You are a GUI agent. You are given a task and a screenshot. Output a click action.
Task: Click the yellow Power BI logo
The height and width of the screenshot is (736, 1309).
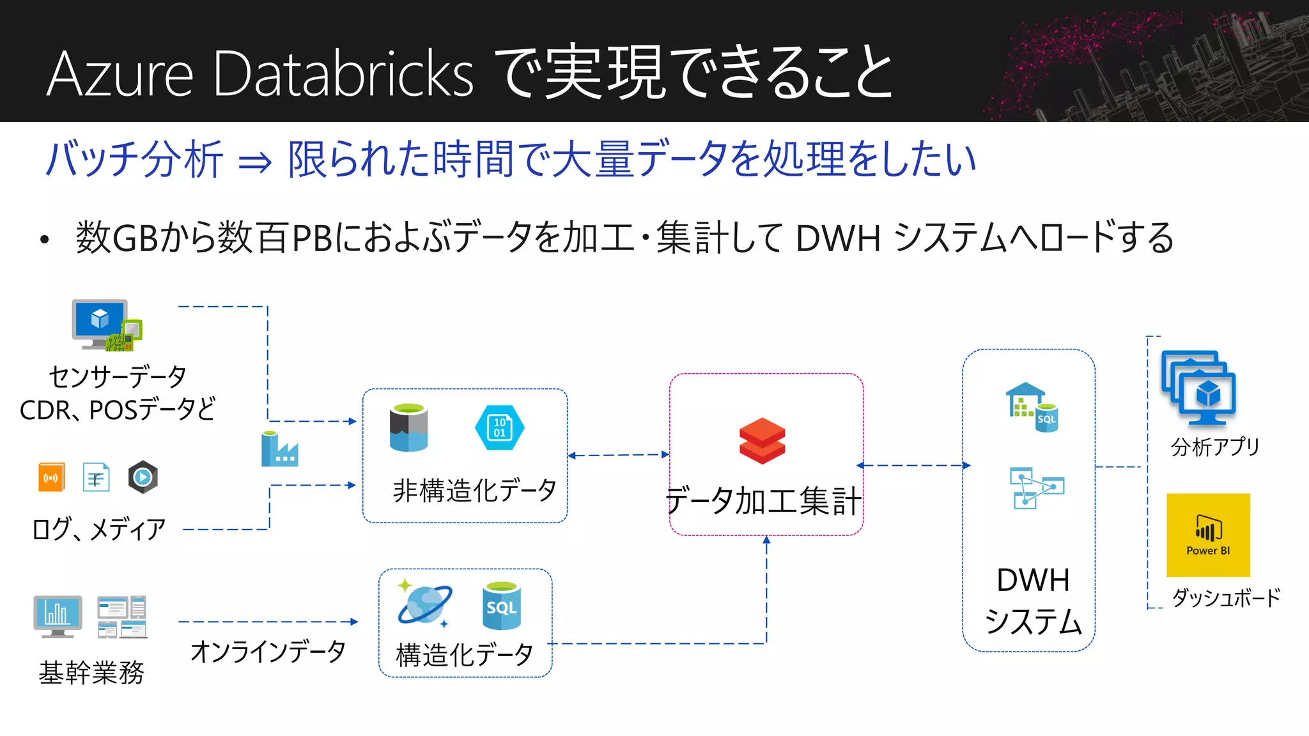click(x=1208, y=535)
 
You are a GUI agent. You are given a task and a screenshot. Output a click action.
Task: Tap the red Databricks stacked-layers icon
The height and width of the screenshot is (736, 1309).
click(x=762, y=441)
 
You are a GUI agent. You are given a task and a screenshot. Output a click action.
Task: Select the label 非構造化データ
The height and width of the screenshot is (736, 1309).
click(x=474, y=491)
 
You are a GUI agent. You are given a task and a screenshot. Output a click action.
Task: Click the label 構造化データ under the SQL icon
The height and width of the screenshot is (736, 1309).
click(x=465, y=655)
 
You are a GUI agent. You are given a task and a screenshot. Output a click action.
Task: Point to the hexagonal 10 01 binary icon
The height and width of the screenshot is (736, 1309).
click(x=500, y=427)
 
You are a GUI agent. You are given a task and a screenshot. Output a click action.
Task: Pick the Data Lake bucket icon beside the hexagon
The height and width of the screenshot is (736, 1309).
click(x=409, y=427)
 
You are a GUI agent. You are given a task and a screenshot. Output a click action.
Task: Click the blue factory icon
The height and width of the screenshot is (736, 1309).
click(x=279, y=450)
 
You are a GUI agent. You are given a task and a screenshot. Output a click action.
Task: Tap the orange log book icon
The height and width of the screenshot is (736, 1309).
click(x=51, y=477)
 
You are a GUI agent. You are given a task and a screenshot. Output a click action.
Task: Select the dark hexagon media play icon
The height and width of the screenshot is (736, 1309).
click(x=143, y=477)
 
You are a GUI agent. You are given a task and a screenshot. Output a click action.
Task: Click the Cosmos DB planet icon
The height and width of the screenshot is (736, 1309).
click(x=424, y=604)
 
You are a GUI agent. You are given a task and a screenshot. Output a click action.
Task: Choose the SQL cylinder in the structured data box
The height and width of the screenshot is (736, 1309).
click(x=501, y=606)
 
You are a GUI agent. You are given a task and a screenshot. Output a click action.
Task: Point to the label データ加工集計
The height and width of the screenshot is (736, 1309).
click(x=764, y=500)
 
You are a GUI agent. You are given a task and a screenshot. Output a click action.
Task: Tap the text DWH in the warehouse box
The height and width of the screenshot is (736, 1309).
click(x=1033, y=580)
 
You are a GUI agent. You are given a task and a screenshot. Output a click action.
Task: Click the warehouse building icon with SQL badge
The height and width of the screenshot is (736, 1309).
click(x=1032, y=408)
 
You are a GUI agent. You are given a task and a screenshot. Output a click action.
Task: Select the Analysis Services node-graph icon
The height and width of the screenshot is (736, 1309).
click(x=1036, y=488)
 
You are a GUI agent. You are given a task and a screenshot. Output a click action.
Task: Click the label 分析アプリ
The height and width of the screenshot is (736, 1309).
click(x=1215, y=447)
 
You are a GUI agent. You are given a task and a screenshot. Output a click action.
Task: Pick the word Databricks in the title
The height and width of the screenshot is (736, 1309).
click(x=343, y=74)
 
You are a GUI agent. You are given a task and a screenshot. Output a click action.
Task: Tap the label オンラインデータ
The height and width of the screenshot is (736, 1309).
click(x=268, y=651)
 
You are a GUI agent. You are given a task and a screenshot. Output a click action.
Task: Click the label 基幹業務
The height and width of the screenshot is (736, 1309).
click(x=91, y=673)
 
